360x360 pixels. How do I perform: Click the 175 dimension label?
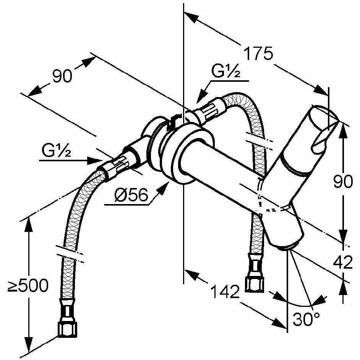click(259, 54)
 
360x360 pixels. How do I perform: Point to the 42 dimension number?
click(342, 263)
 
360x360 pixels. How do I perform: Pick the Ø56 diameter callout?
click(131, 196)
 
